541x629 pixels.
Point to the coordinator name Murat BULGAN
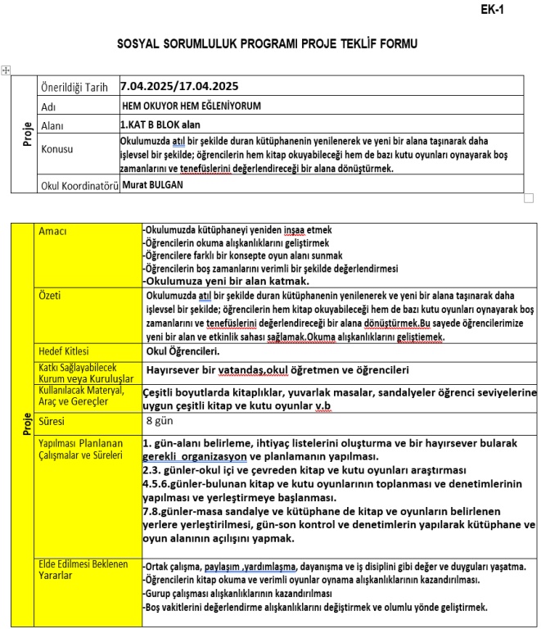click(154, 184)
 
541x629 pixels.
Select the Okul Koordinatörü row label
click(79, 185)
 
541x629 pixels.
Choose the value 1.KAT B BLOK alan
click(160, 125)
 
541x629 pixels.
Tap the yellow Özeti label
click(52, 296)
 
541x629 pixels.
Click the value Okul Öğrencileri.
click(182, 352)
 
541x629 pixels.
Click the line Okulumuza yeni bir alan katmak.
click(228, 281)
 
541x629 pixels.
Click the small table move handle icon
click(7, 71)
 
